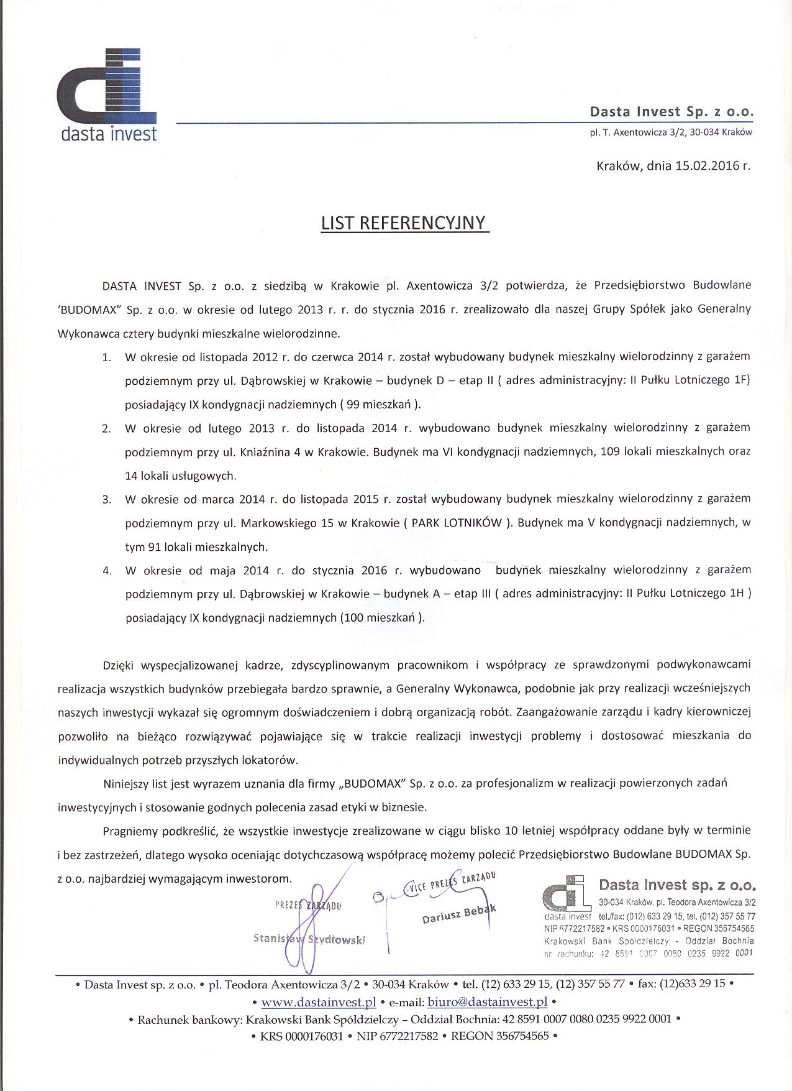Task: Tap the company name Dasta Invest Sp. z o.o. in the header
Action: click(x=671, y=113)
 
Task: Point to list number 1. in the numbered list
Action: click(x=107, y=357)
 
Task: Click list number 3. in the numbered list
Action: click(x=107, y=499)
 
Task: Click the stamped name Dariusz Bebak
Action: click(x=459, y=915)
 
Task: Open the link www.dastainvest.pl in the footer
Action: click(x=319, y=1002)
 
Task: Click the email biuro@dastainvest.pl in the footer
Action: click(x=488, y=1002)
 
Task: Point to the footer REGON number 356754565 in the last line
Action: click(x=519, y=1036)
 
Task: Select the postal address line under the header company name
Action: click(x=671, y=132)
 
